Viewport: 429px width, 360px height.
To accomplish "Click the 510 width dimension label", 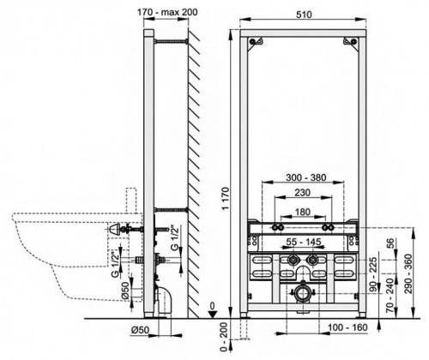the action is coord(304,15).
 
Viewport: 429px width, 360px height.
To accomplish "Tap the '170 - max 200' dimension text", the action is coord(167,12).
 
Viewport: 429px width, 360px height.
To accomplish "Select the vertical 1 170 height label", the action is coord(226,199).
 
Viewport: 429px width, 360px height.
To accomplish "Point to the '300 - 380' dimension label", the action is coord(306,177).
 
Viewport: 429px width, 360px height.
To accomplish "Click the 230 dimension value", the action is coord(302,193).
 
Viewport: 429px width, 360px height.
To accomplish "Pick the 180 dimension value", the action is coord(302,212).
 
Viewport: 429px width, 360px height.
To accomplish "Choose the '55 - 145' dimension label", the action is coord(304,242).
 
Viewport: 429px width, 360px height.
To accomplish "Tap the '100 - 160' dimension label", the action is coord(347,327).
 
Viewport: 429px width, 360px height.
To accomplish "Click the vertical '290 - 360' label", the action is coord(408,273).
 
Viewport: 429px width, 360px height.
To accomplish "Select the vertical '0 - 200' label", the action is coord(224,337).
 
